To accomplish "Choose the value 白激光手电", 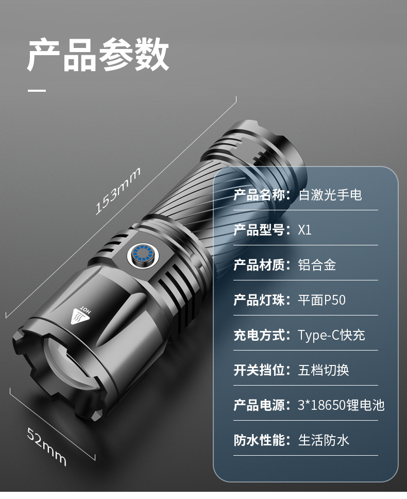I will coord(330,195).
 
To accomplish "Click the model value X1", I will coord(305,230).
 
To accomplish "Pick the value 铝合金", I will coord(317,265).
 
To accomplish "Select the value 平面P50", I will coord(322,300).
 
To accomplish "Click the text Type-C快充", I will coord(331,335).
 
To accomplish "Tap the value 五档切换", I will coord(324,370).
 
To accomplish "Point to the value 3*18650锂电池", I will coord(341,405).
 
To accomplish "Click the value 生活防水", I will coord(324,440).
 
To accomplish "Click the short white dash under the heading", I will coord(37,91).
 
